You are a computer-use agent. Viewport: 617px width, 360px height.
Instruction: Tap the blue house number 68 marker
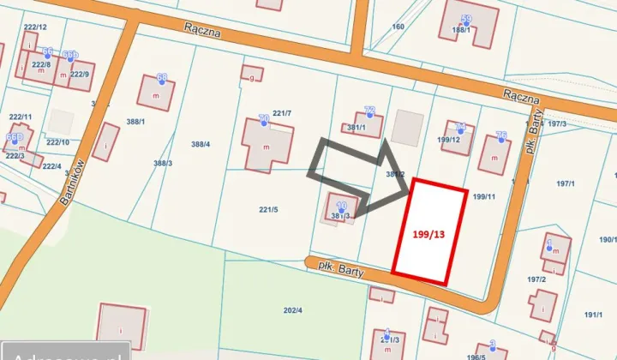click(161, 79)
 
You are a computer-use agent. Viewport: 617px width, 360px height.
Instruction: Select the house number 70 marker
click(264, 121)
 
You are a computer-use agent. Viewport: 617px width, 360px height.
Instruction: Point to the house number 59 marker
click(466, 20)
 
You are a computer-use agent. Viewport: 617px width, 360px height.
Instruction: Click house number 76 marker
click(501, 136)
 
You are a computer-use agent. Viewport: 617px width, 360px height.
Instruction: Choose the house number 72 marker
click(369, 111)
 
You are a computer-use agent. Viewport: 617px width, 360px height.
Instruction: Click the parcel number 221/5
click(268, 208)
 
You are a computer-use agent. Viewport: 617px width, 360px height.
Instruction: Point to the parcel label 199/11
click(484, 196)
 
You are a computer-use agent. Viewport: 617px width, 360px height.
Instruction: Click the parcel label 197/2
click(537, 279)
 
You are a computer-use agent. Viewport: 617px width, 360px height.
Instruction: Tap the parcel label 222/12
click(35, 27)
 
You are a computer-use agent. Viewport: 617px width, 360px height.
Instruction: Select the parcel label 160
click(398, 27)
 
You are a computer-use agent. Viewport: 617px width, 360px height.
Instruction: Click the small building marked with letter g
click(252, 74)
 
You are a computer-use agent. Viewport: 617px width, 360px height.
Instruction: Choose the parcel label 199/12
click(449, 139)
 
